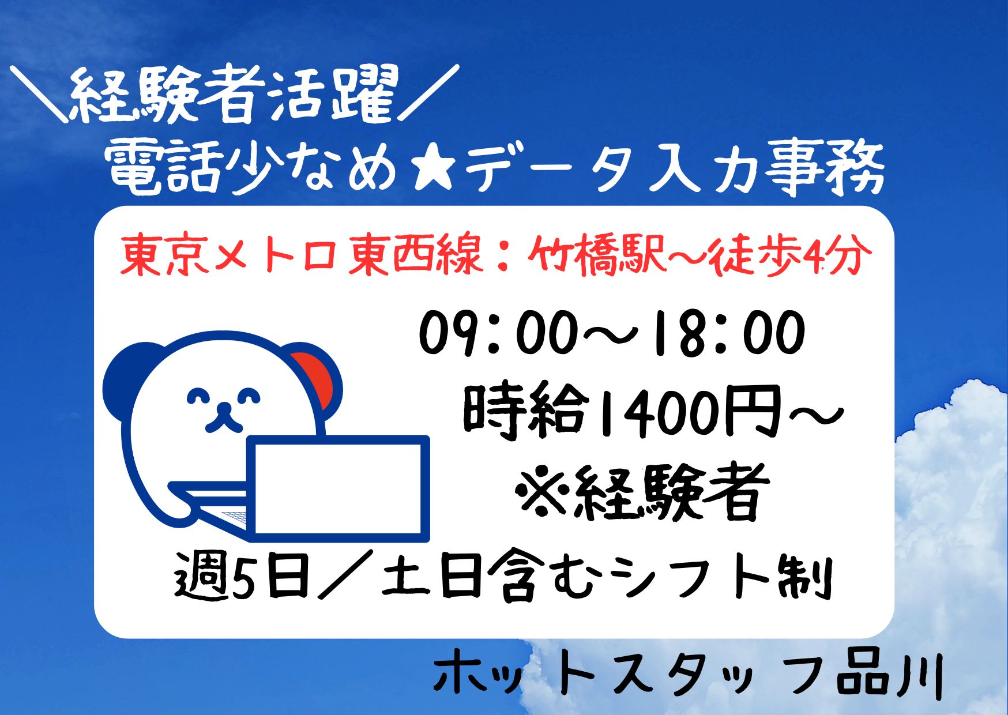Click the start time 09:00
point(499,333)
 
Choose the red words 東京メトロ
point(228,254)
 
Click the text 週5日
point(242,574)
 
